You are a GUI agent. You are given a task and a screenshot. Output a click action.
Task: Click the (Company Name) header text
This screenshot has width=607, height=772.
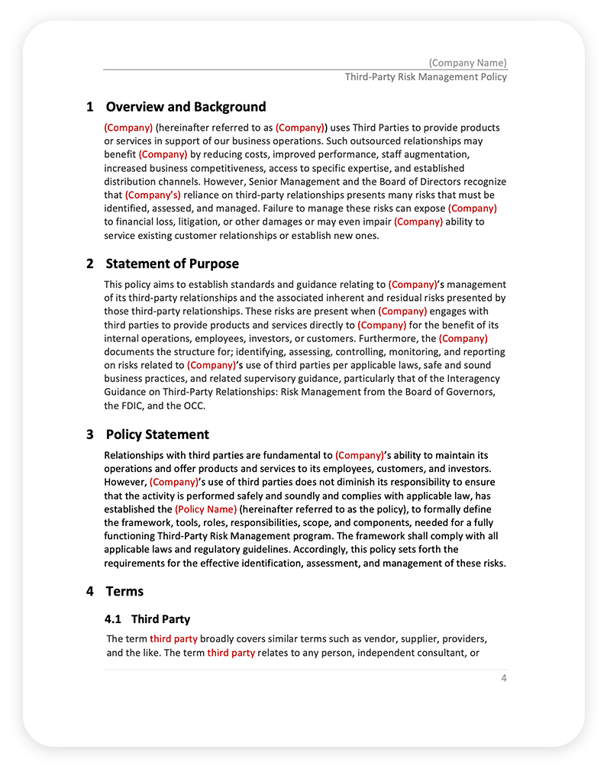point(467,63)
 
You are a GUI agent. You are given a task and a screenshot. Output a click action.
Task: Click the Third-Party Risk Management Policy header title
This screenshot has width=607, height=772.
point(425,77)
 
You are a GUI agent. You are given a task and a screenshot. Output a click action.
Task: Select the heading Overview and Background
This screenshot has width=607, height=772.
point(186,107)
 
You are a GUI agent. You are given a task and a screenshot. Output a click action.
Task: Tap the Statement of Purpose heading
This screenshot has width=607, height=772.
point(172,263)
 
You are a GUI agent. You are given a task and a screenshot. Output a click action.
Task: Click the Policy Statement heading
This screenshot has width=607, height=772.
point(157,434)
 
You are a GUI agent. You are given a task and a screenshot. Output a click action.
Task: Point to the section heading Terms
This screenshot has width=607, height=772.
point(124,591)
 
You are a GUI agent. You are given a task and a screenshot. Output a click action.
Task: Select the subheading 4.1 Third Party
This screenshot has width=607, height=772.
point(147,619)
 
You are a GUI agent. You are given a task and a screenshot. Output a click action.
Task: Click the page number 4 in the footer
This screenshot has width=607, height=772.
point(504,679)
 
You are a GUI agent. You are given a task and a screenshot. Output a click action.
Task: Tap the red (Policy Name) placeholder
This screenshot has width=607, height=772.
point(205,509)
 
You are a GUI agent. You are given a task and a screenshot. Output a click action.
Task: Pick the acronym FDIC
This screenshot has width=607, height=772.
point(134,405)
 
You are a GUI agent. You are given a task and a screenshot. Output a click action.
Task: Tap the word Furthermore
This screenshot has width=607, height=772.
point(389,338)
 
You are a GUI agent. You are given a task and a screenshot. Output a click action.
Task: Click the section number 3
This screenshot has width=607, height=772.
point(90,434)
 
